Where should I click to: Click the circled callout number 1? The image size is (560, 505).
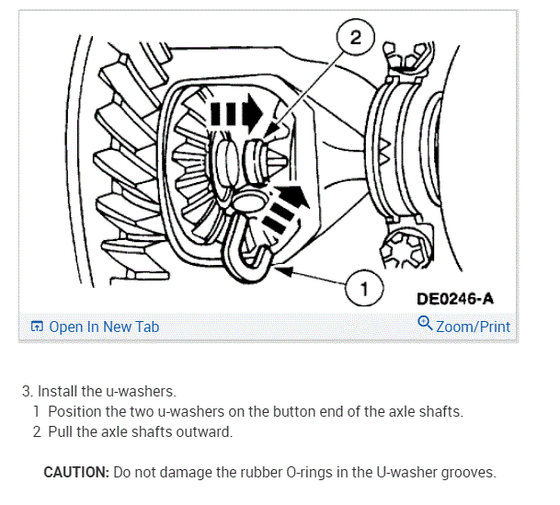(364, 290)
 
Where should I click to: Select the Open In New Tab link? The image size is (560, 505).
(103, 326)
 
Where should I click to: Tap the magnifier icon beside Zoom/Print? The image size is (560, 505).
(425, 323)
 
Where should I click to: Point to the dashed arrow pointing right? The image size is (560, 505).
(236, 116)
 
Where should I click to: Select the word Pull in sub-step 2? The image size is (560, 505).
(62, 430)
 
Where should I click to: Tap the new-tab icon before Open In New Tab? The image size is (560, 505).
(38, 326)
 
